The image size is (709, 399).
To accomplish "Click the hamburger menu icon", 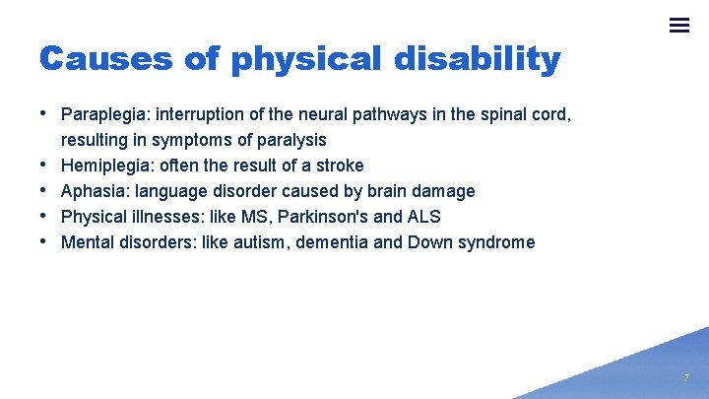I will point(678,26).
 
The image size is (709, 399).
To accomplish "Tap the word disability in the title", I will point(477,59).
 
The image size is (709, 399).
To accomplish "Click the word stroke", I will point(340,166).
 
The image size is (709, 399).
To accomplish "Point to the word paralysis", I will point(290,140).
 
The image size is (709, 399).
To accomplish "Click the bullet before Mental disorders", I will point(46,241).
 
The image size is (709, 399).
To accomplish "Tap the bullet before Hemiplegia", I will point(46,165).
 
